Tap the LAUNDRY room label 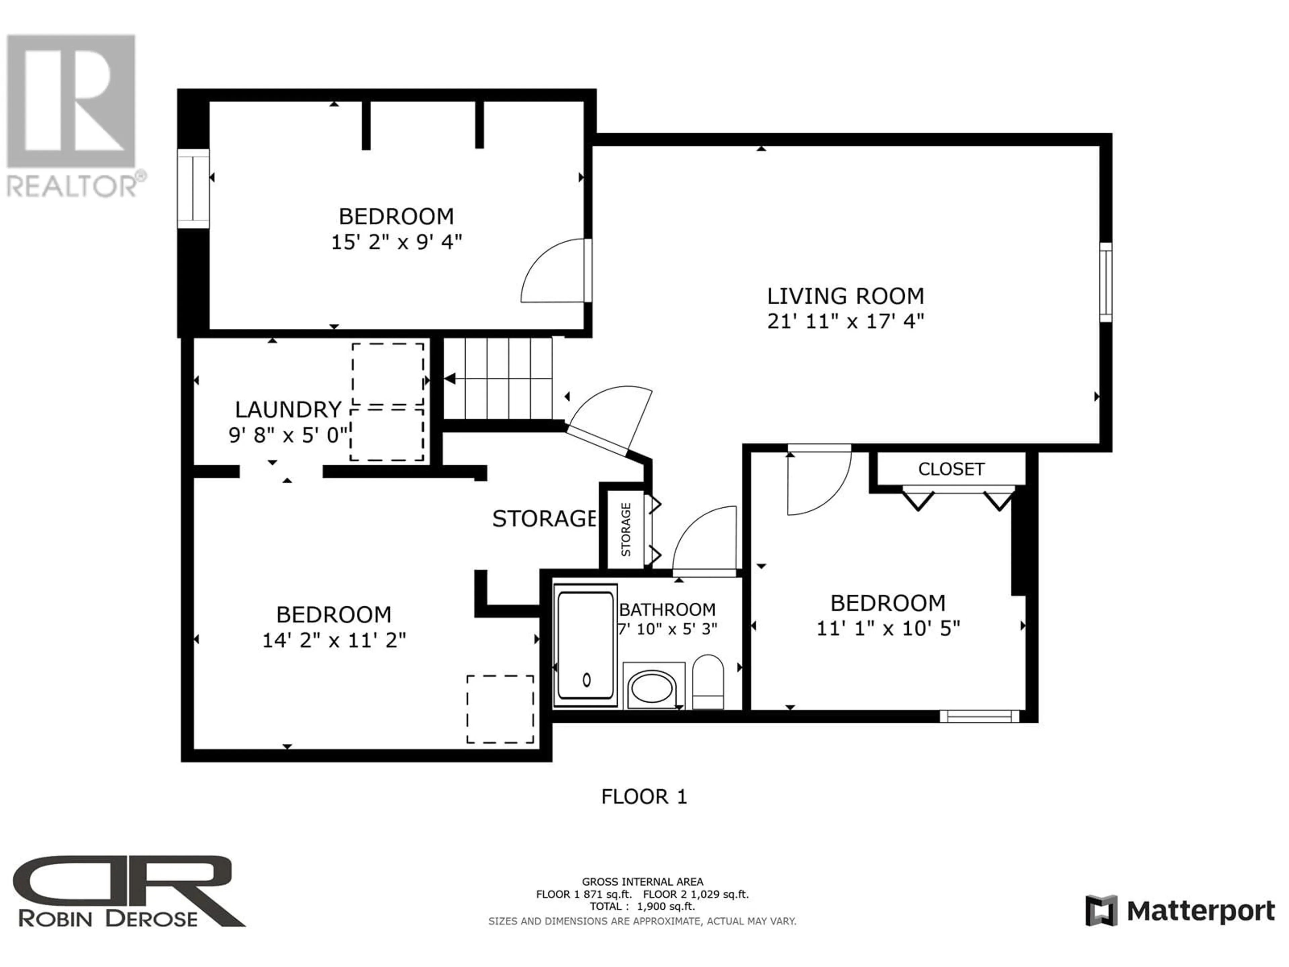[288, 410]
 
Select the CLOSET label [951, 469]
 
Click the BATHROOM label [667, 610]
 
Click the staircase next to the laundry [498, 379]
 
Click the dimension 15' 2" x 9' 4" [396, 242]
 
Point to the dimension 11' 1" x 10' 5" [888, 628]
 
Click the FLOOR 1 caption [644, 797]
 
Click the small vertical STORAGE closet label [626, 529]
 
